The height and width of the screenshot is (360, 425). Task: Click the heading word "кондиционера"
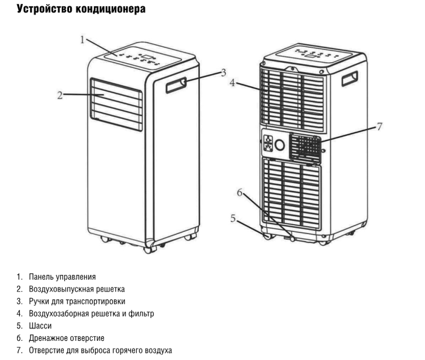pyautogui.click(x=112, y=9)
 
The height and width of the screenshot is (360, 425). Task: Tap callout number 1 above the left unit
pyautogui.click(x=83, y=39)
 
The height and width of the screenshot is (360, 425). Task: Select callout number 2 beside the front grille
pyautogui.click(x=61, y=96)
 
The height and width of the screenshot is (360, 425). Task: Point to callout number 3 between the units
pyautogui.click(x=224, y=72)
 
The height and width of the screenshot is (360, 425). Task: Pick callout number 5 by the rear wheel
pyautogui.click(x=233, y=217)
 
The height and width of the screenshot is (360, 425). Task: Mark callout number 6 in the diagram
pyautogui.click(x=240, y=193)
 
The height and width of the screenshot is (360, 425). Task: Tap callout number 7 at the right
pyautogui.click(x=379, y=126)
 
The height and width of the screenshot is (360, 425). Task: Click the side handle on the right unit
pyautogui.click(x=350, y=78)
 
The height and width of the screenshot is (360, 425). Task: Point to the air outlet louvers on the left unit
pyautogui.click(x=116, y=105)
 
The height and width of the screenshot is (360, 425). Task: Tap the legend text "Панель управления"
pyautogui.click(x=63, y=277)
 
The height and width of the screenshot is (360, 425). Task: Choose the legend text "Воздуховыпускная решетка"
pyautogui.click(x=77, y=289)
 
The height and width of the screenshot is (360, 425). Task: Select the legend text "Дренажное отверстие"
pyautogui.click(x=67, y=338)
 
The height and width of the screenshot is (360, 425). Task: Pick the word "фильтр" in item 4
pyautogui.click(x=141, y=314)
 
